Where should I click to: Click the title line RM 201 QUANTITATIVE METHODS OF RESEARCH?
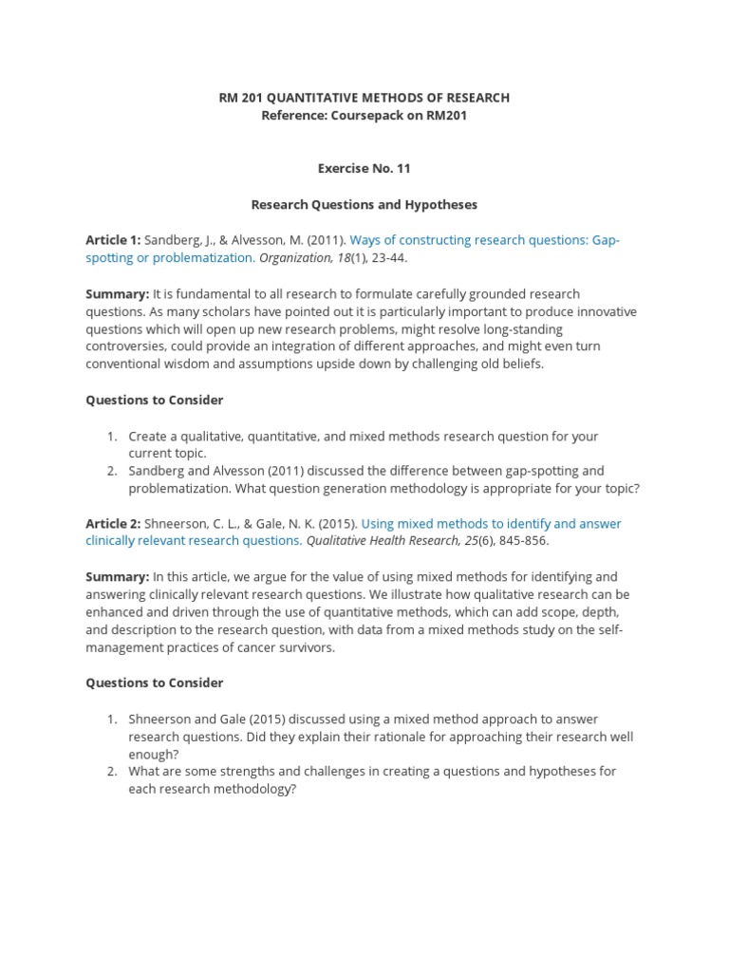pos(364,98)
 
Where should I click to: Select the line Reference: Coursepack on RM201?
pos(364,116)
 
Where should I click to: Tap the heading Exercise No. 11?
pos(364,168)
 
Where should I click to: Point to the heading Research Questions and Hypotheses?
pos(364,204)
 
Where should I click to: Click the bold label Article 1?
pos(113,240)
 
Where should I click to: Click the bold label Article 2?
pos(113,523)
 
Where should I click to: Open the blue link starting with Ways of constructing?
pos(484,240)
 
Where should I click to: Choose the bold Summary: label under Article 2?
pos(117,576)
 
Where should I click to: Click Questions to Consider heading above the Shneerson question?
pos(155,682)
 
